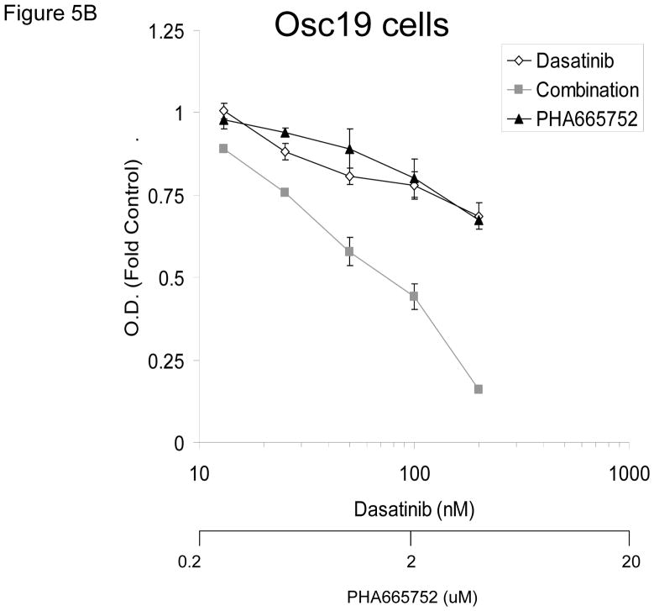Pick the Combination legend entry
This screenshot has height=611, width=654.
click(573, 90)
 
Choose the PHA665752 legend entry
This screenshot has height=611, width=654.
click(573, 119)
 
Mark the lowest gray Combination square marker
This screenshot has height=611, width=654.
click(479, 389)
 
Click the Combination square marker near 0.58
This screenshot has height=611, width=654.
click(349, 251)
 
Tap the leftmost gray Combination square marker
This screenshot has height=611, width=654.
click(223, 149)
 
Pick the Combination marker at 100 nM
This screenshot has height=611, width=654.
click(414, 296)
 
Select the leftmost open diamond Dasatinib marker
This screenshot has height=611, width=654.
click(223, 111)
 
